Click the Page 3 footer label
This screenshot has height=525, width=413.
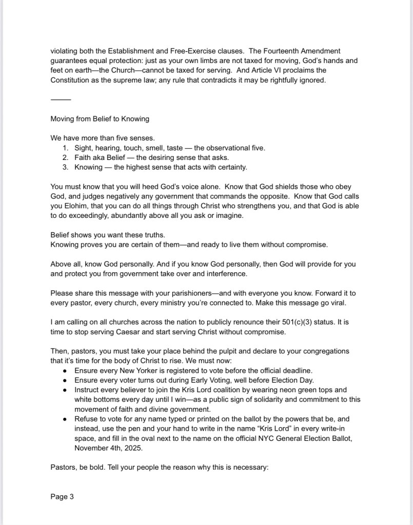coord(62,496)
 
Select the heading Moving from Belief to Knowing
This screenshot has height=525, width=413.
coord(100,118)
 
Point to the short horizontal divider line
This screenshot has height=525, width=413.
coord(61,99)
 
